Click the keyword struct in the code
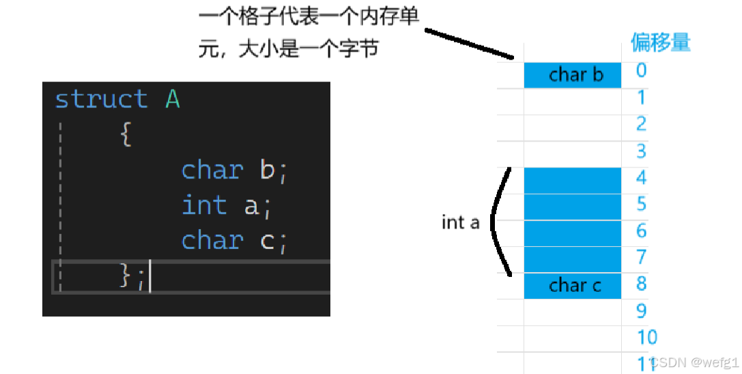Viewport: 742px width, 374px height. coord(101,99)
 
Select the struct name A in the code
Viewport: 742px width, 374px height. coord(173,99)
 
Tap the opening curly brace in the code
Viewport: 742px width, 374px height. coord(126,134)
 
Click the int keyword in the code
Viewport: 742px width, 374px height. coord(204,205)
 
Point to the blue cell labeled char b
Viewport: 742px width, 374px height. coord(573,75)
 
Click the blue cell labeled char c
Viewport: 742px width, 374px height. coord(573,285)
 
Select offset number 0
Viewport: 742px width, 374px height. coord(641,70)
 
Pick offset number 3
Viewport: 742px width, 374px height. coord(641,150)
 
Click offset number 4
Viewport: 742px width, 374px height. coord(641,178)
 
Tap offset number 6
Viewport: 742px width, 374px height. coord(641,231)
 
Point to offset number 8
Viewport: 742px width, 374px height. coord(641,284)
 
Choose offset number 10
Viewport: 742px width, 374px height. coord(647,337)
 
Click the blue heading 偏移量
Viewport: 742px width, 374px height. coord(660,42)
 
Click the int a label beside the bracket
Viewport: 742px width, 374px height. coord(461,222)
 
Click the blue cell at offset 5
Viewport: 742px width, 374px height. coord(573,206)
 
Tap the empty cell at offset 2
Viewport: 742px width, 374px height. coord(573,127)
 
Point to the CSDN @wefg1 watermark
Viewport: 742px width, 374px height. coord(695,362)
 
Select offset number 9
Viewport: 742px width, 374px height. coord(641,310)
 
